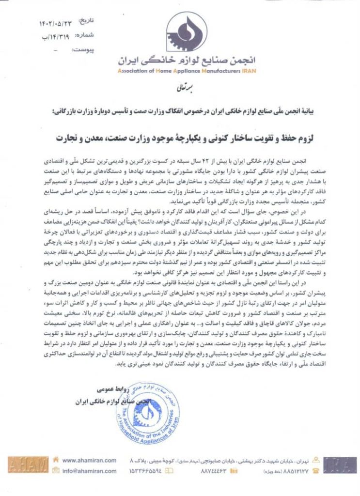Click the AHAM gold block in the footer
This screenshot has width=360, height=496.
(28, 465)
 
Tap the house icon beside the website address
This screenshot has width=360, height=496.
(57, 461)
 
